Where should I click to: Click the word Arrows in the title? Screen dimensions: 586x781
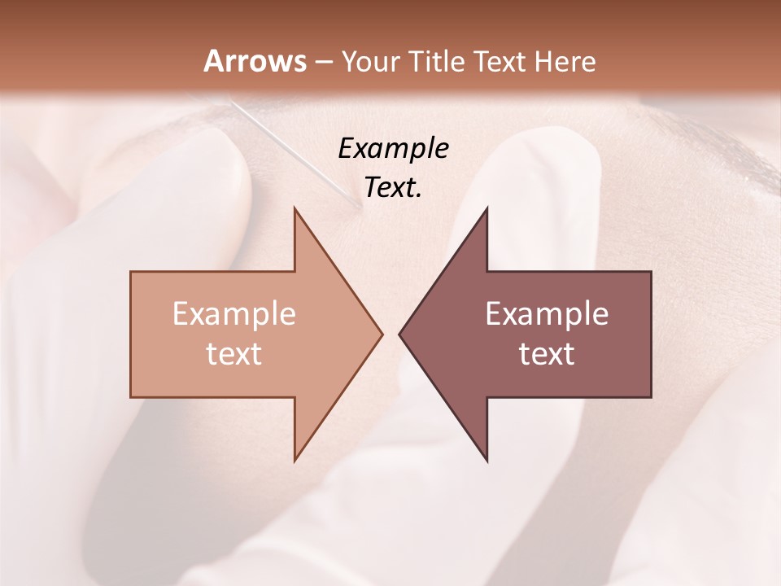pyautogui.click(x=254, y=61)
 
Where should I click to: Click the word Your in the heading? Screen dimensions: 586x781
pyautogui.click(x=369, y=62)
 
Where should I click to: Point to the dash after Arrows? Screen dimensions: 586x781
pyautogui.click(x=323, y=62)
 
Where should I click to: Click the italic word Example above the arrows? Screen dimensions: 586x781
pyautogui.click(x=393, y=148)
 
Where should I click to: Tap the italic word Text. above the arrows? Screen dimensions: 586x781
pyautogui.click(x=393, y=187)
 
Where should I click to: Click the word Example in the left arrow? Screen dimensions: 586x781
pyautogui.click(x=234, y=313)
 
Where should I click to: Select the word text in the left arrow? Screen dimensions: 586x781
pyautogui.click(x=234, y=353)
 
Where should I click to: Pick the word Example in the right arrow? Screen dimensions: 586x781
pyautogui.click(x=547, y=313)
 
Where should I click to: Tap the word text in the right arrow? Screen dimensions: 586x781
pyautogui.click(x=547, y=353)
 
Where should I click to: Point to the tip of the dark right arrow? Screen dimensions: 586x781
pyautogui.click(x=400, y=334)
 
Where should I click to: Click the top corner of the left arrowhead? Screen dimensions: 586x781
pyautogui.click(x=295, y=209)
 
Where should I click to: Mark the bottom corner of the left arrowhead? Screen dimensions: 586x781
pyautogui.click(x=295, y=460)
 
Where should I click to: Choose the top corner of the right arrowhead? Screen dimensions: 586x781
pyautogui.click(x=486, y=209)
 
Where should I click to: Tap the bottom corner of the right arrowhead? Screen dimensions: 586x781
pyautogui.click(x=486, y=460)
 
